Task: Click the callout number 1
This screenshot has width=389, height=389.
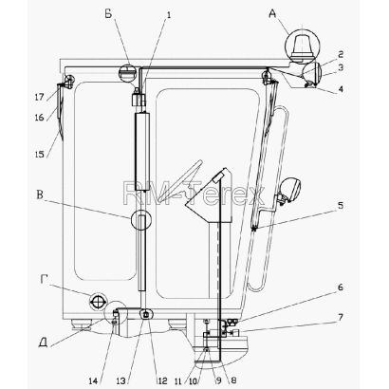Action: tap(169, 15)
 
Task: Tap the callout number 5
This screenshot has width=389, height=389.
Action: tap(341, 206)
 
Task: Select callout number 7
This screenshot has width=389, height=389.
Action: tap(341, 317)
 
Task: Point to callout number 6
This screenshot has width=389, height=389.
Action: tap(341, 287)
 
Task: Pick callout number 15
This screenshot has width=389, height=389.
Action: tap(40, 154)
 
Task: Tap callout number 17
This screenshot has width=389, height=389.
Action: tap(40, 97)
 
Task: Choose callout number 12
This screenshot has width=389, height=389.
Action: tap(162, 381)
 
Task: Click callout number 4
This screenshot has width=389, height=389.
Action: tap(341, 89)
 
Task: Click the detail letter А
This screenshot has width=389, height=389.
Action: tap(272, 14)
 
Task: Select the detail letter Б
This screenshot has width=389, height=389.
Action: tap(108, 14)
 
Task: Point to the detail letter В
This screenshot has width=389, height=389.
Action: tap(40, 194)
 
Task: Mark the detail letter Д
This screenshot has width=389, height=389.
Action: tap(44, 343)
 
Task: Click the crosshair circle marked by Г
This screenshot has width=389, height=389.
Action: tap(98, 302)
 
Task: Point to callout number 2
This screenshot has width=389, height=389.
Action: tap(341, 54)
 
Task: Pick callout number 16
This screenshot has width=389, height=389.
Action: tap(40, 118)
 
